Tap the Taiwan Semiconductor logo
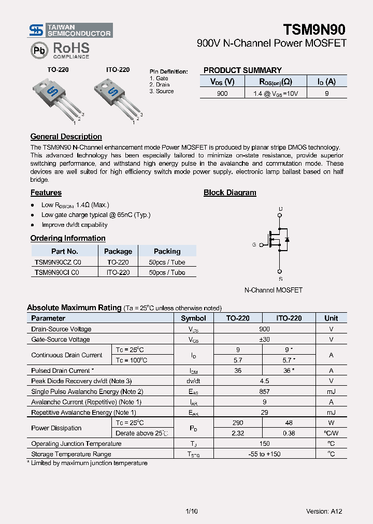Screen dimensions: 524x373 click(70, 30)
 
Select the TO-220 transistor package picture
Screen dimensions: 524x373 click(56, 96)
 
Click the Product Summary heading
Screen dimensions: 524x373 click(242, 70)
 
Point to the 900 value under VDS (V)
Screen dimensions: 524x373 click(222, 93)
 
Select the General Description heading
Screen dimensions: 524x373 click(66, 137)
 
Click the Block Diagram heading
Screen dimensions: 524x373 click(229, 193)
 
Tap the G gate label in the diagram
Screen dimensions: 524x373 click(254, 244)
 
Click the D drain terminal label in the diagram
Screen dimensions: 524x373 click(280, 209)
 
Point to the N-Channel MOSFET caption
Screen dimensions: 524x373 click(273, 290)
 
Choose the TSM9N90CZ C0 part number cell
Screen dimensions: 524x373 click(58, 262)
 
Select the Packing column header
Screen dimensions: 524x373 click(167, 251)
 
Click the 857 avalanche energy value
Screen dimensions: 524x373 click(264, 391)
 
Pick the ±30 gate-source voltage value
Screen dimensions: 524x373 click(264, 339)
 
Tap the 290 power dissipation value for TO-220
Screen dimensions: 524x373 click(238, 423)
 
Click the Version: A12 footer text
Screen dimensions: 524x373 click(324, 511)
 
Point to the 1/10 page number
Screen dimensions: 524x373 click(191, 511)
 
